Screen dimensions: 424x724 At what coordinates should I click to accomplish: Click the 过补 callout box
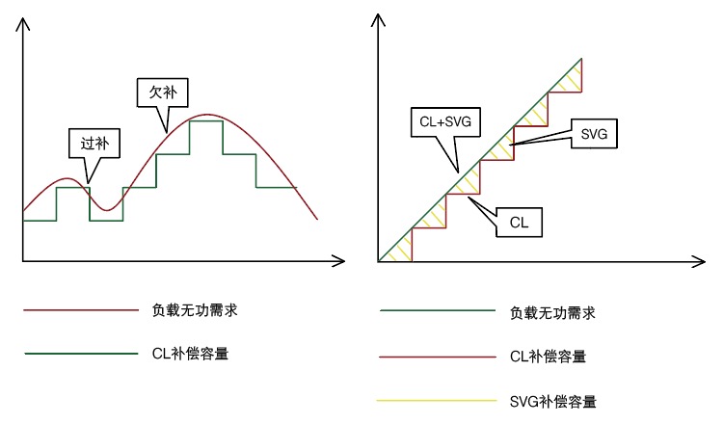click(x=94, y=144)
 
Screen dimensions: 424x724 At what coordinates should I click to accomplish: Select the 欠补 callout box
click(x=161, y=93)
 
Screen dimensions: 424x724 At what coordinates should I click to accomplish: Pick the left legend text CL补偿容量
click(x=190, y=354)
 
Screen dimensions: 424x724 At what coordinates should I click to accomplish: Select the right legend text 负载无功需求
click(x=551, y=312)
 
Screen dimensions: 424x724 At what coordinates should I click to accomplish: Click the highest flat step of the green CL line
click(x=206, y=120)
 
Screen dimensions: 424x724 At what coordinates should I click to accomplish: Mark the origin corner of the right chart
click(x=379, y=260)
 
